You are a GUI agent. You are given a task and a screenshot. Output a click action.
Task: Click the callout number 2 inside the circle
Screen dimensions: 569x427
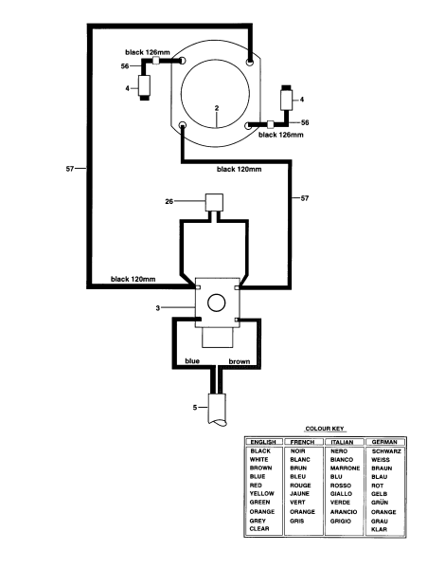click(218, 109)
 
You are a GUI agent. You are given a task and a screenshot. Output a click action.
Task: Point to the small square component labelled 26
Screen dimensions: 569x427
click(214, 201)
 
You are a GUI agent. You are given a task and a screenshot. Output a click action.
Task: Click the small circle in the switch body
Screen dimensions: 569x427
click(215, 303)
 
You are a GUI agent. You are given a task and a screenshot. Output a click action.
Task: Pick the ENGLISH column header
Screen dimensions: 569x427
click(261, 442)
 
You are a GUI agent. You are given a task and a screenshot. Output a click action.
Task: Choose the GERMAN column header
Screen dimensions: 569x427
click(384, 442)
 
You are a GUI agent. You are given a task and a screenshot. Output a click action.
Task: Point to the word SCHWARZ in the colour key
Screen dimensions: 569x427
click(386, 450)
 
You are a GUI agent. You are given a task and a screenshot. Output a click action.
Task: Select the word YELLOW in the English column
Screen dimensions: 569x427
click(261, 493)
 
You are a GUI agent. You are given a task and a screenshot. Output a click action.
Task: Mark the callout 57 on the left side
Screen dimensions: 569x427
click(69, 170)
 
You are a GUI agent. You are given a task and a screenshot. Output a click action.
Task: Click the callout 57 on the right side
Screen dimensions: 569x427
click(304, 197)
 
